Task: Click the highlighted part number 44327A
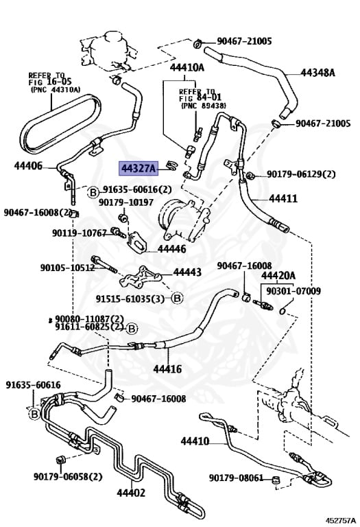click(140, 167)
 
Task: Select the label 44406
click(28, 166)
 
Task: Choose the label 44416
click(167, 369)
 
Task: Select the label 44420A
click(278, 276)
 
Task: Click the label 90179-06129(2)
click(301, 174)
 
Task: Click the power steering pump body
click(178, 218)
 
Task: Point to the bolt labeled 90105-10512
click(105, 264)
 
